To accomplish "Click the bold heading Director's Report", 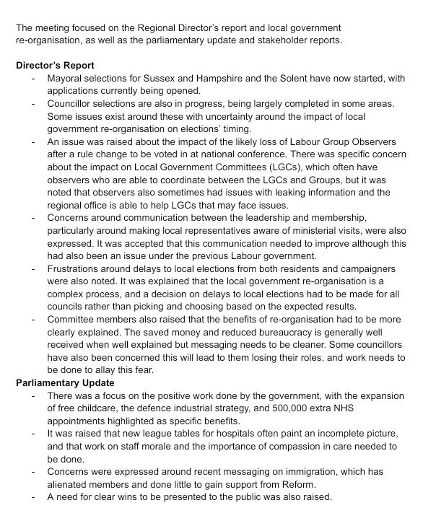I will tap(55, 66).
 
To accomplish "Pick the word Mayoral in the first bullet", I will tap(66, 78).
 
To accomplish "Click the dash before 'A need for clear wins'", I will tap(33, 496).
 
